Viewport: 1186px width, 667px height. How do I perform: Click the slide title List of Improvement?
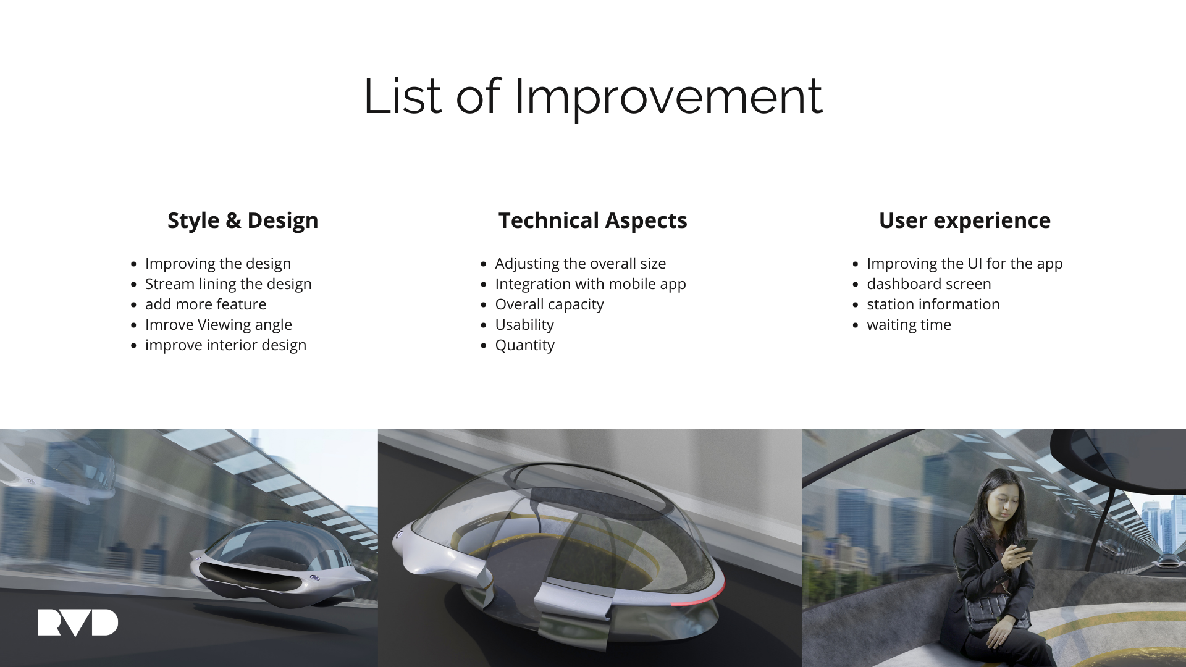[x=593, y=96]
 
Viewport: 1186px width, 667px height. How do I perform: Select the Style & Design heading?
[x=243, y=220]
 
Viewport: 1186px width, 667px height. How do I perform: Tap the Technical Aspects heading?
[x=593, y=220]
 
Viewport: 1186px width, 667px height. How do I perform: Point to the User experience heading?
[x=965, y=220]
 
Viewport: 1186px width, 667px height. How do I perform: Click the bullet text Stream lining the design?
[x=229, y=284]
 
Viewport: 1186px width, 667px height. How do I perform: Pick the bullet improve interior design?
[x=225, y=345]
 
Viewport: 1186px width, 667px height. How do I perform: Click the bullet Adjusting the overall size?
[x=581, y=264]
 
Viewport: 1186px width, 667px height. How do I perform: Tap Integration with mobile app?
[x=591, y=284]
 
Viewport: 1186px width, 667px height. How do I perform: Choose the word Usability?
[x=524, y=325]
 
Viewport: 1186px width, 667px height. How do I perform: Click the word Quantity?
[x=525, y=345]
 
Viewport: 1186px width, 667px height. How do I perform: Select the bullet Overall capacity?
[x=550, y=304]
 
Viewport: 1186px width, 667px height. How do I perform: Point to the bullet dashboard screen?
[x=929, y=284]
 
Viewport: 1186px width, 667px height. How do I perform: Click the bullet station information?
[x=933, y=304]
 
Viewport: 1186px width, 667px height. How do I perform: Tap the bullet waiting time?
[x=909, y=325]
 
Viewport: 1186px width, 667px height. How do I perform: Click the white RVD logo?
[x=78, y=623]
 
